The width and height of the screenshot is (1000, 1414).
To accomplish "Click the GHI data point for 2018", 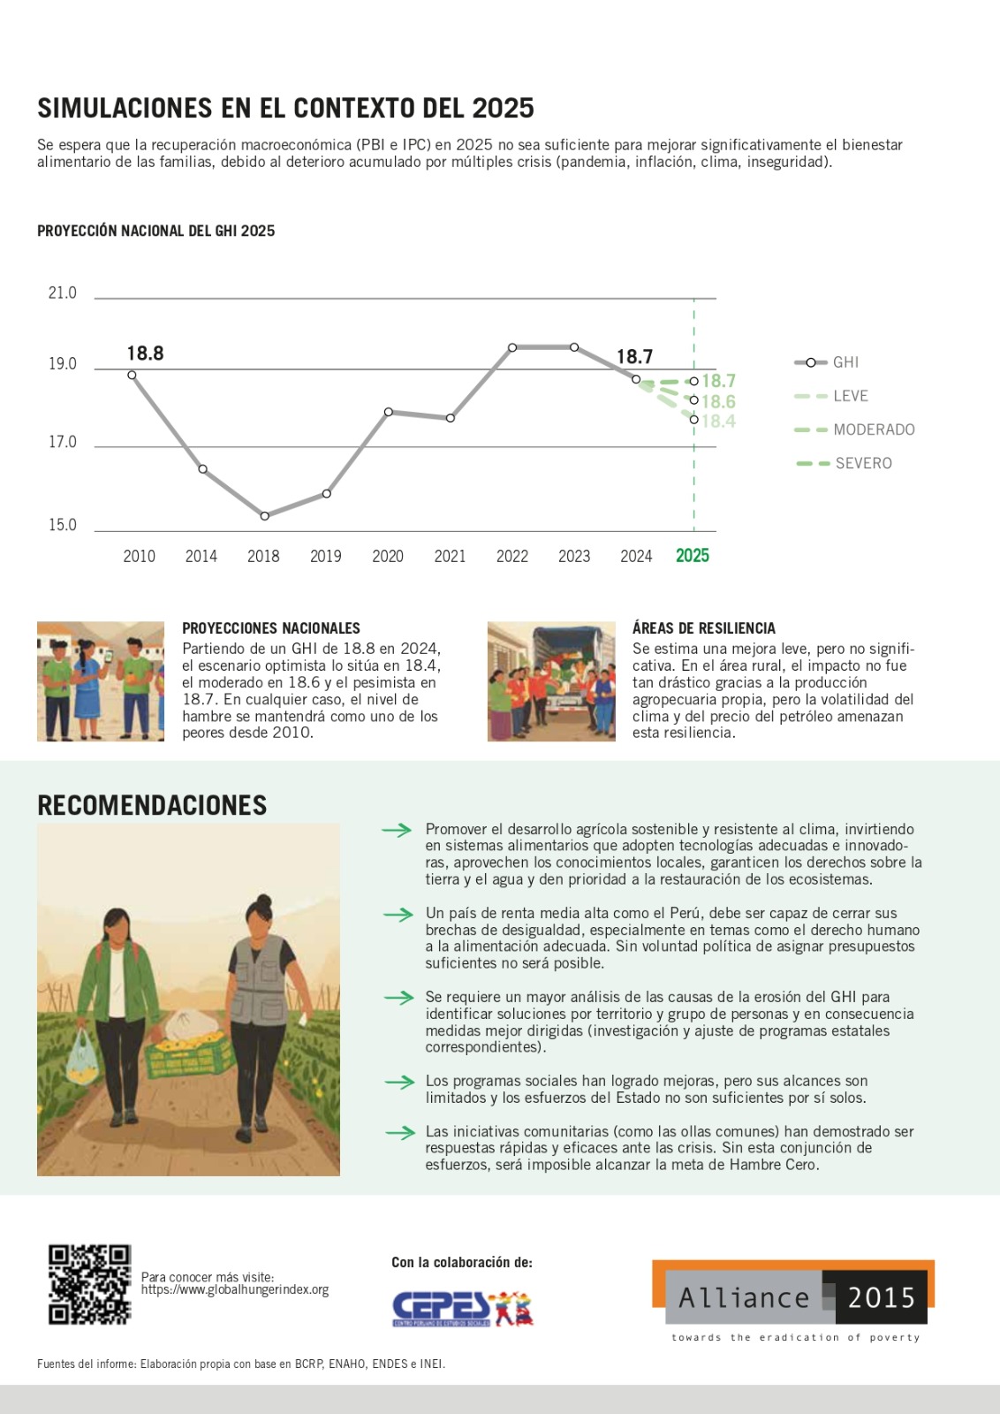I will tap(265, 516).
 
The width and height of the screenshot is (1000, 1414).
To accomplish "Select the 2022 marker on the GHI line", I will tap(512, 348).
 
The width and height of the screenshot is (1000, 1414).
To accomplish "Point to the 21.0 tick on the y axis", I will tap(62, 293).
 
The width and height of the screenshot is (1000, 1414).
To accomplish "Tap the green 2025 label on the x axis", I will tap(693, 556).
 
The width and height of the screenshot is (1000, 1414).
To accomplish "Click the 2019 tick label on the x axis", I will tap(326, 557).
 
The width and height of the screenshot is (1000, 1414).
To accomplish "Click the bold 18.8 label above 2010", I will tap(145, 353).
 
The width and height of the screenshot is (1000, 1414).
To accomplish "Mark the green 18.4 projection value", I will tap(719, 422).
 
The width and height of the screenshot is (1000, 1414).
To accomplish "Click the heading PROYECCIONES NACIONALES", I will tap(271, 628).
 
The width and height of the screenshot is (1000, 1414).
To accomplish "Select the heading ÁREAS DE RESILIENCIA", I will tap(704, 628).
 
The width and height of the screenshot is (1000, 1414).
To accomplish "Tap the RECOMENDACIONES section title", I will tap(152, 805).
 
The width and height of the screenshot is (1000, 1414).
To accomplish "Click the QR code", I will tap(89, 1284).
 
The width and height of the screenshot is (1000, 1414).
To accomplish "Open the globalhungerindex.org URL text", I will tap(235, 1290).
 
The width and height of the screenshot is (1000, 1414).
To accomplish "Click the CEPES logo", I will tap(462, 1308).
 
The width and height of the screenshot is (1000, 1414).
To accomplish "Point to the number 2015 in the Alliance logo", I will tap(881, 1297).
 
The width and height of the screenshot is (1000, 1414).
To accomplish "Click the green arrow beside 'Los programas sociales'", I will tap(400, 1082).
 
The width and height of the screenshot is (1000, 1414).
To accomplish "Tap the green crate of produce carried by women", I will tap(189, 1052).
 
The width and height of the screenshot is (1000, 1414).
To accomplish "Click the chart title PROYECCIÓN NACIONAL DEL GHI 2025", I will tap(156, 232).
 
